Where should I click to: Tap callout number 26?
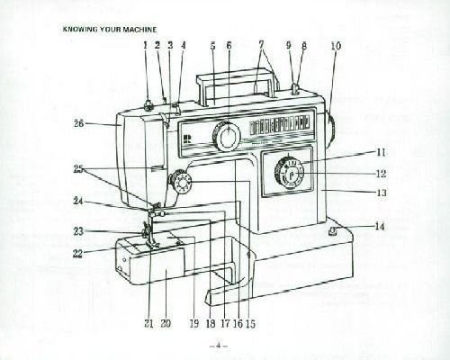[79, 123]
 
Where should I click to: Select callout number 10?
[336, 46]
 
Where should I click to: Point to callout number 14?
[380, 227]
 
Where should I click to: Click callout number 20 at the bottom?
[166, 323]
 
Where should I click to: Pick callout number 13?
[382, 193]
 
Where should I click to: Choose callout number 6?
[229, 46]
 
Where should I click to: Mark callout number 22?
[78, 254]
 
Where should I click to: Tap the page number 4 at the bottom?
[219, 346]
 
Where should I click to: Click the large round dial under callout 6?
[227, 136]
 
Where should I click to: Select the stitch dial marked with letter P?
[289, 174]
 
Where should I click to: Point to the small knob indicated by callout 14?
[332, 231]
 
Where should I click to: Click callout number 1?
[146, 46]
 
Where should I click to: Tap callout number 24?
[78, 201]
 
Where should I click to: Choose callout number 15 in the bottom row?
[251, 323]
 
